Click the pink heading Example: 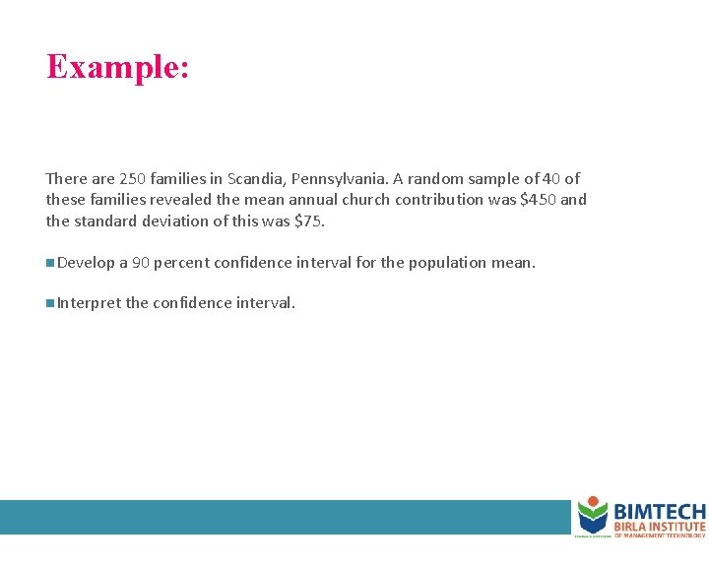(x=117, y=67)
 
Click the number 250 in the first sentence (x=132, y=179)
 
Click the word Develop (x=86, y=263)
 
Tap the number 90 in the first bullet (x=140, y=263)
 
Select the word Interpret (x=89, y=303)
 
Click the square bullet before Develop (x=49, y=263)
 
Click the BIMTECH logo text (x=659, y=512)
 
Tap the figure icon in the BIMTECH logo (x=592, y=514)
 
